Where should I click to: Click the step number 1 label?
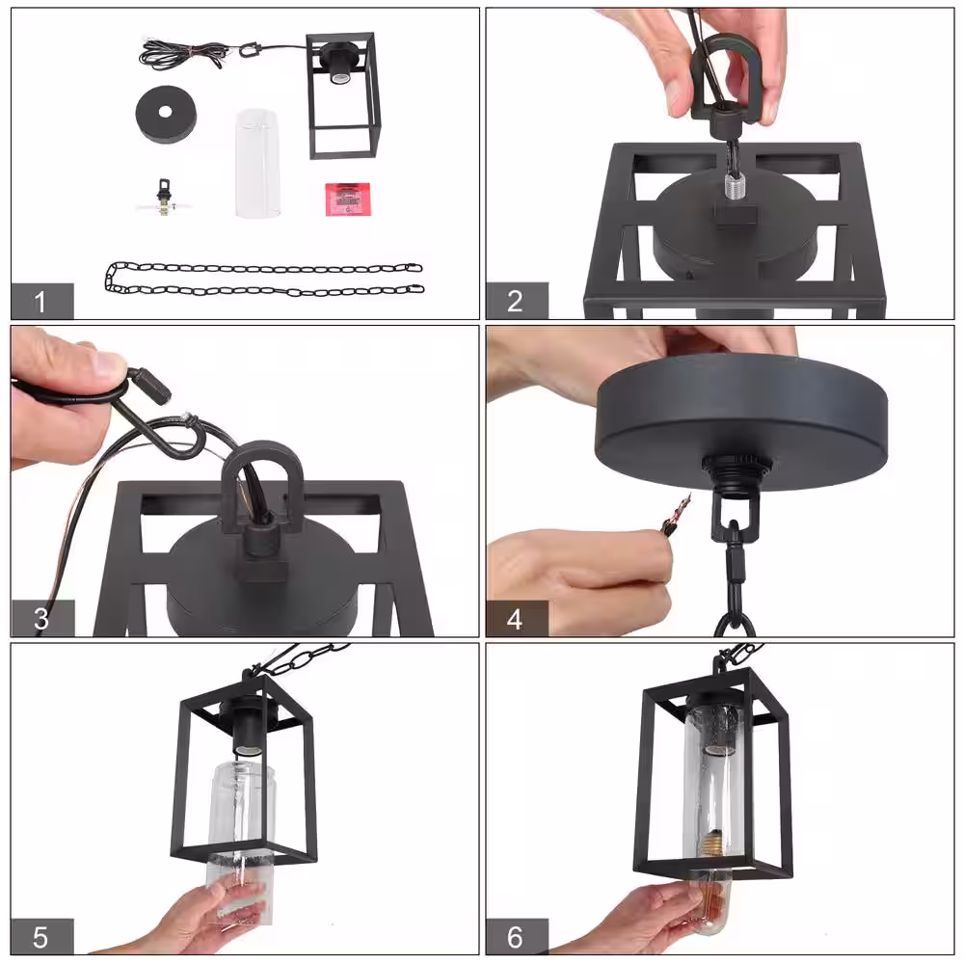(x=41, y=301)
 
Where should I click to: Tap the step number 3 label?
(x=41, y=619)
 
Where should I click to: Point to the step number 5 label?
(x=41, y=936)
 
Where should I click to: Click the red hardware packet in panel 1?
(x=347, y=199)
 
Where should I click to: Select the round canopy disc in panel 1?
(x=167, y=114)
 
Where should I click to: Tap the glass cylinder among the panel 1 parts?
(x=257, y=164)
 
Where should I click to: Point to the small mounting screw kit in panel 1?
(x=163, y=198)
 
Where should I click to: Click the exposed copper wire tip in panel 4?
(x=679, y=510)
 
